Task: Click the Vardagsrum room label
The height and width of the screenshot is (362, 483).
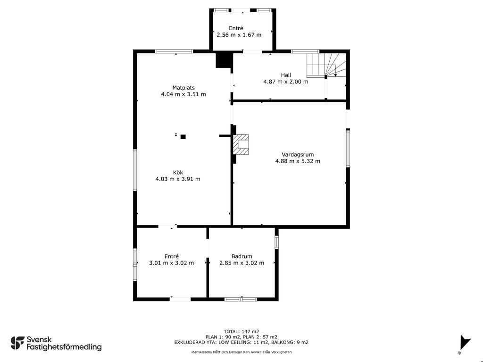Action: coord(298,155)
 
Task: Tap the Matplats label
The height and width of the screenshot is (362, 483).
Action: coord(183,88)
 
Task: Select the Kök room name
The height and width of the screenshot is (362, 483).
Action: coord(178,173)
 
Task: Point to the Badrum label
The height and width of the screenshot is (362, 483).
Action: coord(242,256)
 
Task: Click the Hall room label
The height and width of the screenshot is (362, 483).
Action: coord(286,75)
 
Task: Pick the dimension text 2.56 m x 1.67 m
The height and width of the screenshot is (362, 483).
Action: coord(239,35)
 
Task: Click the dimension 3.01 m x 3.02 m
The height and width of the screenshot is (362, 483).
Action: coord(172,263)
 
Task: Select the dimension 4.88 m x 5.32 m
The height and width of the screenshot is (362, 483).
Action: coord(298,161)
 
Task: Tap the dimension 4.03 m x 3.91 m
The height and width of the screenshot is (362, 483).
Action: coord(178,179)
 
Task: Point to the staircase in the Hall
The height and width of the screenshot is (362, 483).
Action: coord(326,65)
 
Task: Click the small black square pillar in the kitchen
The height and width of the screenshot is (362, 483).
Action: coord(183,137)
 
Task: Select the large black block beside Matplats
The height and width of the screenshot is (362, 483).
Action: coord(223,60)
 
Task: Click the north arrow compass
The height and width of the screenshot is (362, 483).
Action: coord(465,343)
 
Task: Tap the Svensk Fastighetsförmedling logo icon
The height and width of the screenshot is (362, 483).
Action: coord(17,343)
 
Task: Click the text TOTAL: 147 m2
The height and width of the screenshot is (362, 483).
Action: coord(241,331)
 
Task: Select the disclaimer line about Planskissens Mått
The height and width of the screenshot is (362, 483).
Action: coord(241,352)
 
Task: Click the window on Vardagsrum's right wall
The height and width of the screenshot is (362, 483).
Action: coord(348,148)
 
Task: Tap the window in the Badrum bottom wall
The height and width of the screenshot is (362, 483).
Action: coord(241,299)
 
